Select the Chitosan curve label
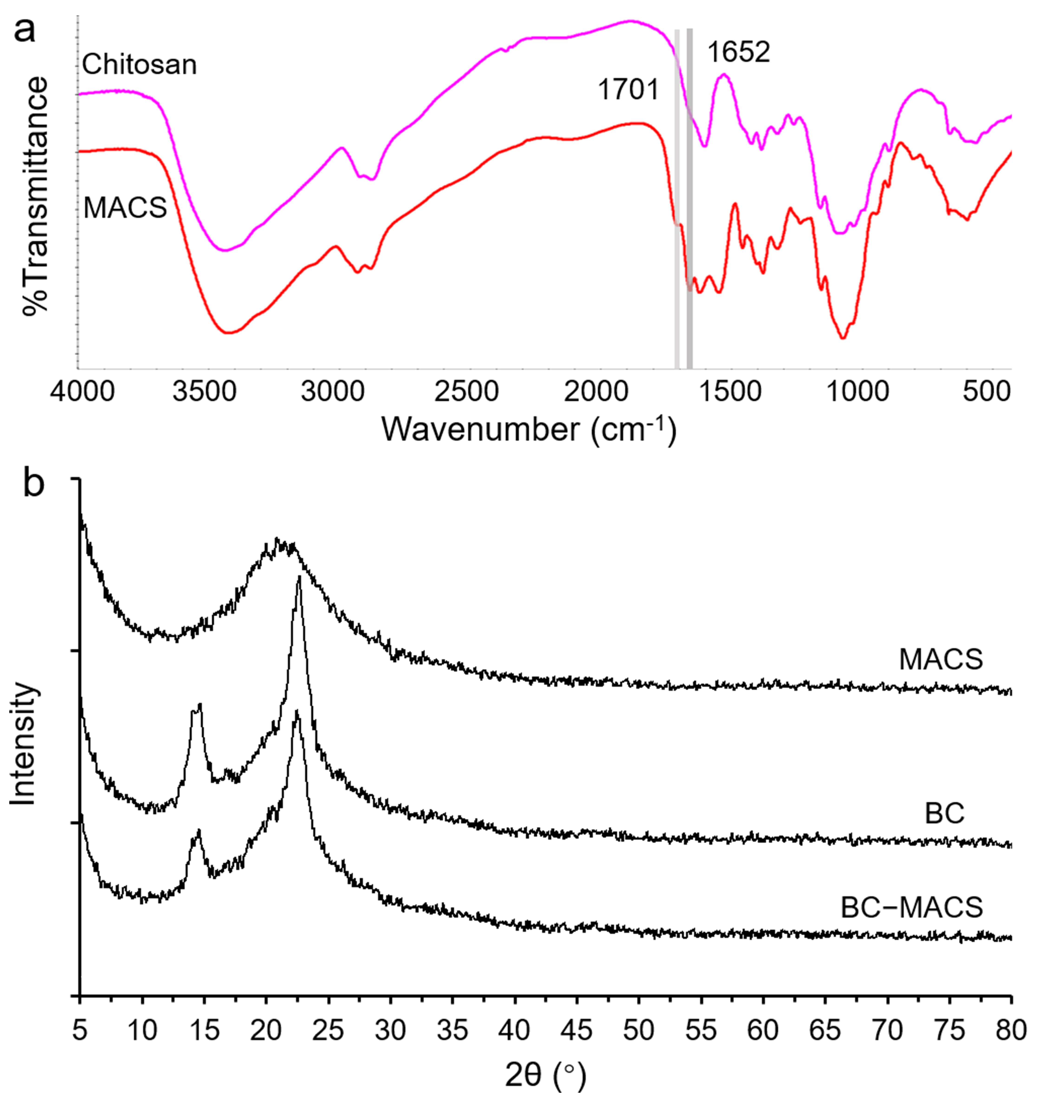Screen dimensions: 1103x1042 (140, 65)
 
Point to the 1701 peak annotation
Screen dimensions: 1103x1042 (628, 89)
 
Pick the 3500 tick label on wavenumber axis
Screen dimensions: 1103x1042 (204, 392)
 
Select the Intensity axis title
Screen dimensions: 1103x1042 (23, 744)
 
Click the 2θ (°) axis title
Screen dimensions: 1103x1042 (545, 1075)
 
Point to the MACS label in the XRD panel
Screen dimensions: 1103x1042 (941, 660)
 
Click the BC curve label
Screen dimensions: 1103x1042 (944, 814)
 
